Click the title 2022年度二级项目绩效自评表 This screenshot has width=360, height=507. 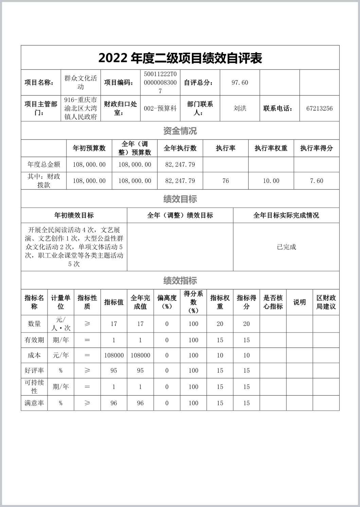pyautogui.click(x=180, y=58)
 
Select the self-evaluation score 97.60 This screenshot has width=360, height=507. pyautogui.click(x=240, y=83)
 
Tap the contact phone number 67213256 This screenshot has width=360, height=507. pyautogui.click(x=319, y=109)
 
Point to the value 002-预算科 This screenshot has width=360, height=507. pyautogui.click(x=160, y=109)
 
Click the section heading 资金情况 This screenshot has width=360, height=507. pyautogui.click(x=180, y=131)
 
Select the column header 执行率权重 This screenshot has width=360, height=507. pyautogui.click(x=271, y=148)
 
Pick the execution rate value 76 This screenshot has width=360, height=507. pyautogui.click(x=226, y=181)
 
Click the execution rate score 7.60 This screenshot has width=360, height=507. pyautogui.click(x=317, y=181)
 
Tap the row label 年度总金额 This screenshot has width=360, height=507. pyautogui.click(x=44, y=165)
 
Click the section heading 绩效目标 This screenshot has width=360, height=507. pyautogui.click(x=180, y=199)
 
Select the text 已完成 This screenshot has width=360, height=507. pyautogui.click(x=286, y=247)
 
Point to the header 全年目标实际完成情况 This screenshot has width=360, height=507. pyautogui.click(x=286, y=215)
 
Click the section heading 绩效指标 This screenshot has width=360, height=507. pyautogui.click(x=180, y=280)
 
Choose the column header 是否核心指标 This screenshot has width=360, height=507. pyautogui.click(x=273, y=302)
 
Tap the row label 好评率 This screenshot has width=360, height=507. pyautogui.click(x=34, y=370)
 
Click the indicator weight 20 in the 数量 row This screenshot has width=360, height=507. pyautogui.click(x=220, y=324)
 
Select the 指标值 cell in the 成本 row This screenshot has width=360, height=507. pyautogui.click(x=114, y=356)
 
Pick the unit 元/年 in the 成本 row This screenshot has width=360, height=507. pyautogui.click(x=61, y=356)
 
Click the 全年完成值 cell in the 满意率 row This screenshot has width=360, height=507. pyautogui.click(x=140, y=403)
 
